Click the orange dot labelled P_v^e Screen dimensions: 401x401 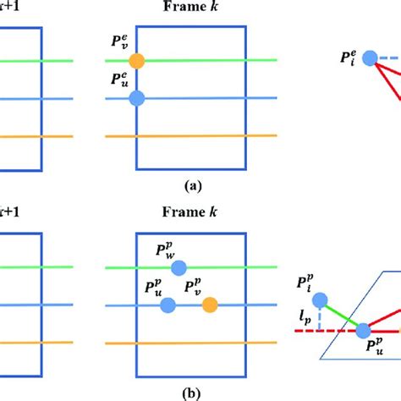tap(137, 61)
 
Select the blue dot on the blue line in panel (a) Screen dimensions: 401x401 tap(137, 98)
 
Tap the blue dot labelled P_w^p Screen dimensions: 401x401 tap(179, 268)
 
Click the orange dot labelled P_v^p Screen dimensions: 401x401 tap(209, 305)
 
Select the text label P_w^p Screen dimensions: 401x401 tap(167, 250)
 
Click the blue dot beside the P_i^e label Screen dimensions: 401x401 tap(369, 58)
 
